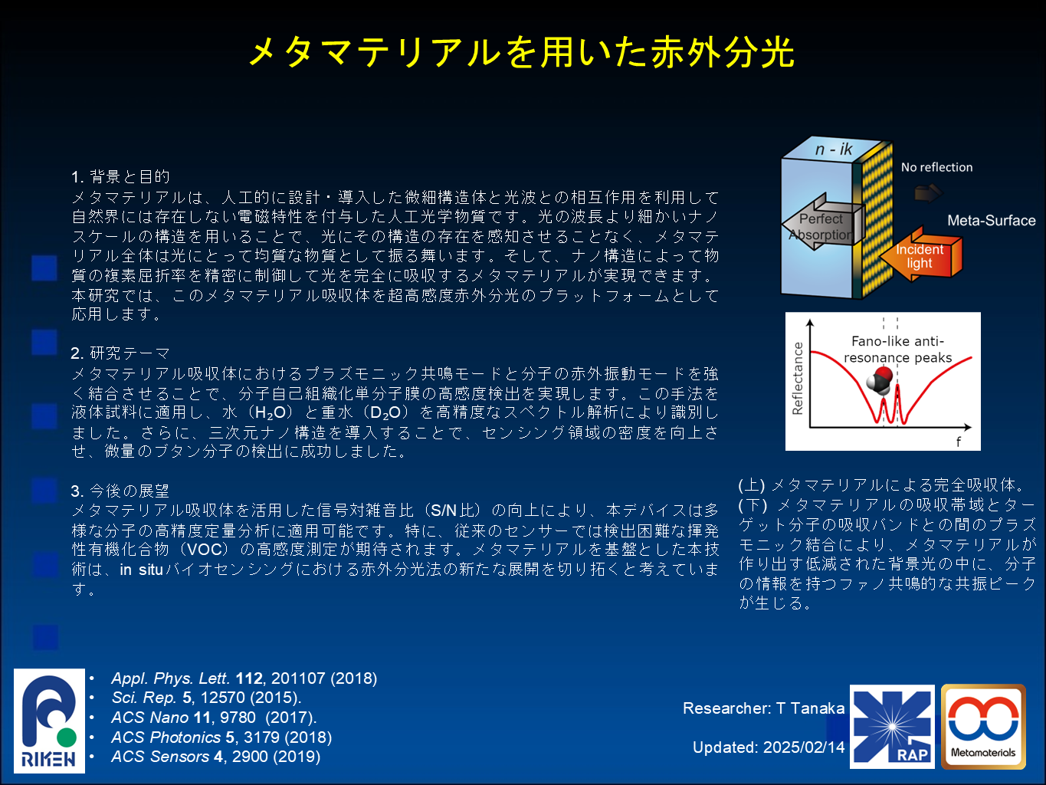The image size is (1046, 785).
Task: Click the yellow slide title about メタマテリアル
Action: (x=521, y=52)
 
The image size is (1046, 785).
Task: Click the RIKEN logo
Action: (x=49, y=721)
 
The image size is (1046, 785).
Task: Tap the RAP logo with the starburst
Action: (x=892, y=727)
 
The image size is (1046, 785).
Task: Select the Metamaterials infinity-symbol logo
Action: (x=983, y=727)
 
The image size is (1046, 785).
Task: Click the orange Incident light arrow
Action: (x=920, y=255)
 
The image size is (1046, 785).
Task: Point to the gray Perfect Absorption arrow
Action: (x=823, y=222)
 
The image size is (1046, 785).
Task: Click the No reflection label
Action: (x=936, y=167)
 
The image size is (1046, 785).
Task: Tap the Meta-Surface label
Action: (x=991, y=220)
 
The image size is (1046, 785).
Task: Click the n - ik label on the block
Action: (x=834, y=149)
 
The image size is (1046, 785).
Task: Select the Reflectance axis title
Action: (x=797, y=378)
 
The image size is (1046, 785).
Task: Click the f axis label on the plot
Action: (x=959, y=442)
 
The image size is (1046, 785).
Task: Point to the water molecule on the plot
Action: (x=879, y=380)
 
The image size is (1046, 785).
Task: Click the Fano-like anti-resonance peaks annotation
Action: (x=897, y=350)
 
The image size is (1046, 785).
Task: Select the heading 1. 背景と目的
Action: (x=120, y=177)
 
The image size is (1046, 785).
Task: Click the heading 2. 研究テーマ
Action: (x=120, y=353)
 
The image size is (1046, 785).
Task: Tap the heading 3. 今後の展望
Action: (x=120, y=491)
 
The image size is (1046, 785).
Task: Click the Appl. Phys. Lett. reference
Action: (x=244, y=678)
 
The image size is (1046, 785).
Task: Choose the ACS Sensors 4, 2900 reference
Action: (x=216, y=757)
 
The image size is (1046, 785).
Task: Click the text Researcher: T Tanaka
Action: (x=763, y=708)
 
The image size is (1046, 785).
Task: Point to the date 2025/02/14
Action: (x=803, y=747)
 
